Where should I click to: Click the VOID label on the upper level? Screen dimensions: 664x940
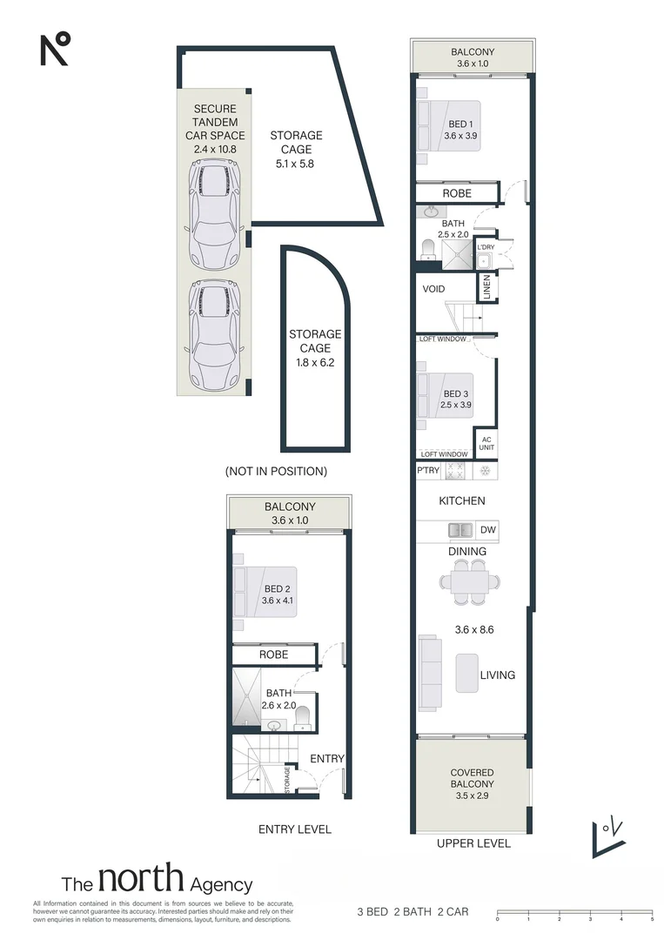433,289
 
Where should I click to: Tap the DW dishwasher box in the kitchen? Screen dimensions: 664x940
488,530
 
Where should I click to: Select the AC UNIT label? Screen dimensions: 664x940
486,444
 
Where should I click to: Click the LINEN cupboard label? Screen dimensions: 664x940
486,287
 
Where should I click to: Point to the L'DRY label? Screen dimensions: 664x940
486,247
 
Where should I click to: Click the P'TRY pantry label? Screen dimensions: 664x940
428,471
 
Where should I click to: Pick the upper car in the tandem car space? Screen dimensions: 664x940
215,214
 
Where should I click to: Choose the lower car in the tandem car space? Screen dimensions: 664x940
215,335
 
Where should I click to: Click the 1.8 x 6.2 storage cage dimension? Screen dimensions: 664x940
315,363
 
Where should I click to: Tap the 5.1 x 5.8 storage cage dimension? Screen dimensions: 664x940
295,164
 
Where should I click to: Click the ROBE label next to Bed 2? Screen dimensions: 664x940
273,655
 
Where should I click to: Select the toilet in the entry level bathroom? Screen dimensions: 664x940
303,717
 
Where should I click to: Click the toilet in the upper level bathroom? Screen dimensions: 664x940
428,250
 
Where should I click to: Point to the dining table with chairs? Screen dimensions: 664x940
470,581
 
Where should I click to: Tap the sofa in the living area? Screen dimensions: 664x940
429,673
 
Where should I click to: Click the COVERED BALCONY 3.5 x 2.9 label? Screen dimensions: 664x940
473,784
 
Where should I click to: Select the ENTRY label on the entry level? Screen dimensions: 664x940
327,759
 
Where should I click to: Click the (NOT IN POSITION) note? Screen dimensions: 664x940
276,472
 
